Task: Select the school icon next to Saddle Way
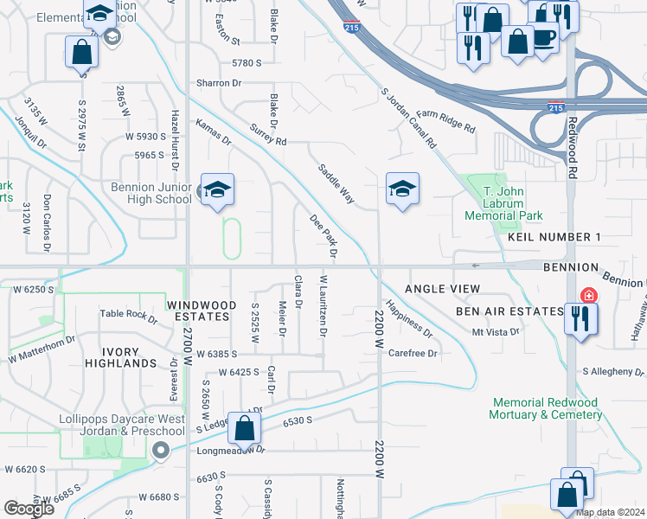[x=402, y=189]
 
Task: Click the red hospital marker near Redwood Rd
[x=588, y=296]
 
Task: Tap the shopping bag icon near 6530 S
[x=245, y=427]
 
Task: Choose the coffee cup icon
[x=543, y=38]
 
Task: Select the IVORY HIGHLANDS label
[x=127, y=357]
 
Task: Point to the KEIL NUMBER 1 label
[x=554, y=237]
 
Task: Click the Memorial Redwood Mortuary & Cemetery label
[x=546, y=408]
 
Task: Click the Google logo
[x=29, y=509]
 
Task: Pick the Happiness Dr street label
[x=408, y=317]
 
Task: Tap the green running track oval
[x=232, y=238]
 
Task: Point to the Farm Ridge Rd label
[x=445, y=122]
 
